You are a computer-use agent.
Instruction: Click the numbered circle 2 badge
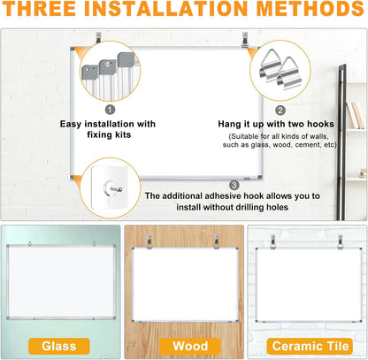pos(280,111)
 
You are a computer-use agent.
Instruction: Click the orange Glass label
pos(58,346)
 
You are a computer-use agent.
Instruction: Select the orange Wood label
pos(183,346)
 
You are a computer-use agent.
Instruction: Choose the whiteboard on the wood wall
pos(183,283)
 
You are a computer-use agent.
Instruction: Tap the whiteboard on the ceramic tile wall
pos(306,285)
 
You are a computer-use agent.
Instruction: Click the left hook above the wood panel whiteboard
pos(150,241)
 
